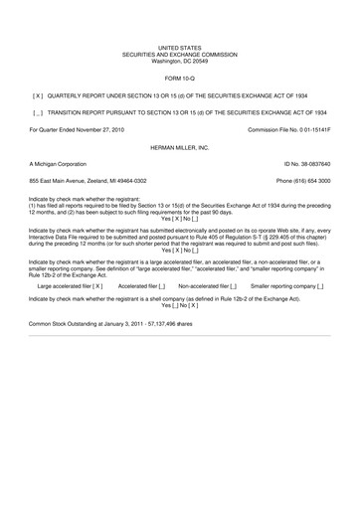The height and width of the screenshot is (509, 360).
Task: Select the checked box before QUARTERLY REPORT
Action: coord(38,96)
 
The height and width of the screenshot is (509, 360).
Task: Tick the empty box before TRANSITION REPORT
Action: coord(38,114)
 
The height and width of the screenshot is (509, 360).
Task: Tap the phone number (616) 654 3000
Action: coord(303,180)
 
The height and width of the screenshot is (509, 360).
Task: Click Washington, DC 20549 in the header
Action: coord(179,61)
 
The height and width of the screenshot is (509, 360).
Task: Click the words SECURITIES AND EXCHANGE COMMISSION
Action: coord(179,54)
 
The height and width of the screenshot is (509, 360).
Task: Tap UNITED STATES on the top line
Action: coord(179,47)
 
